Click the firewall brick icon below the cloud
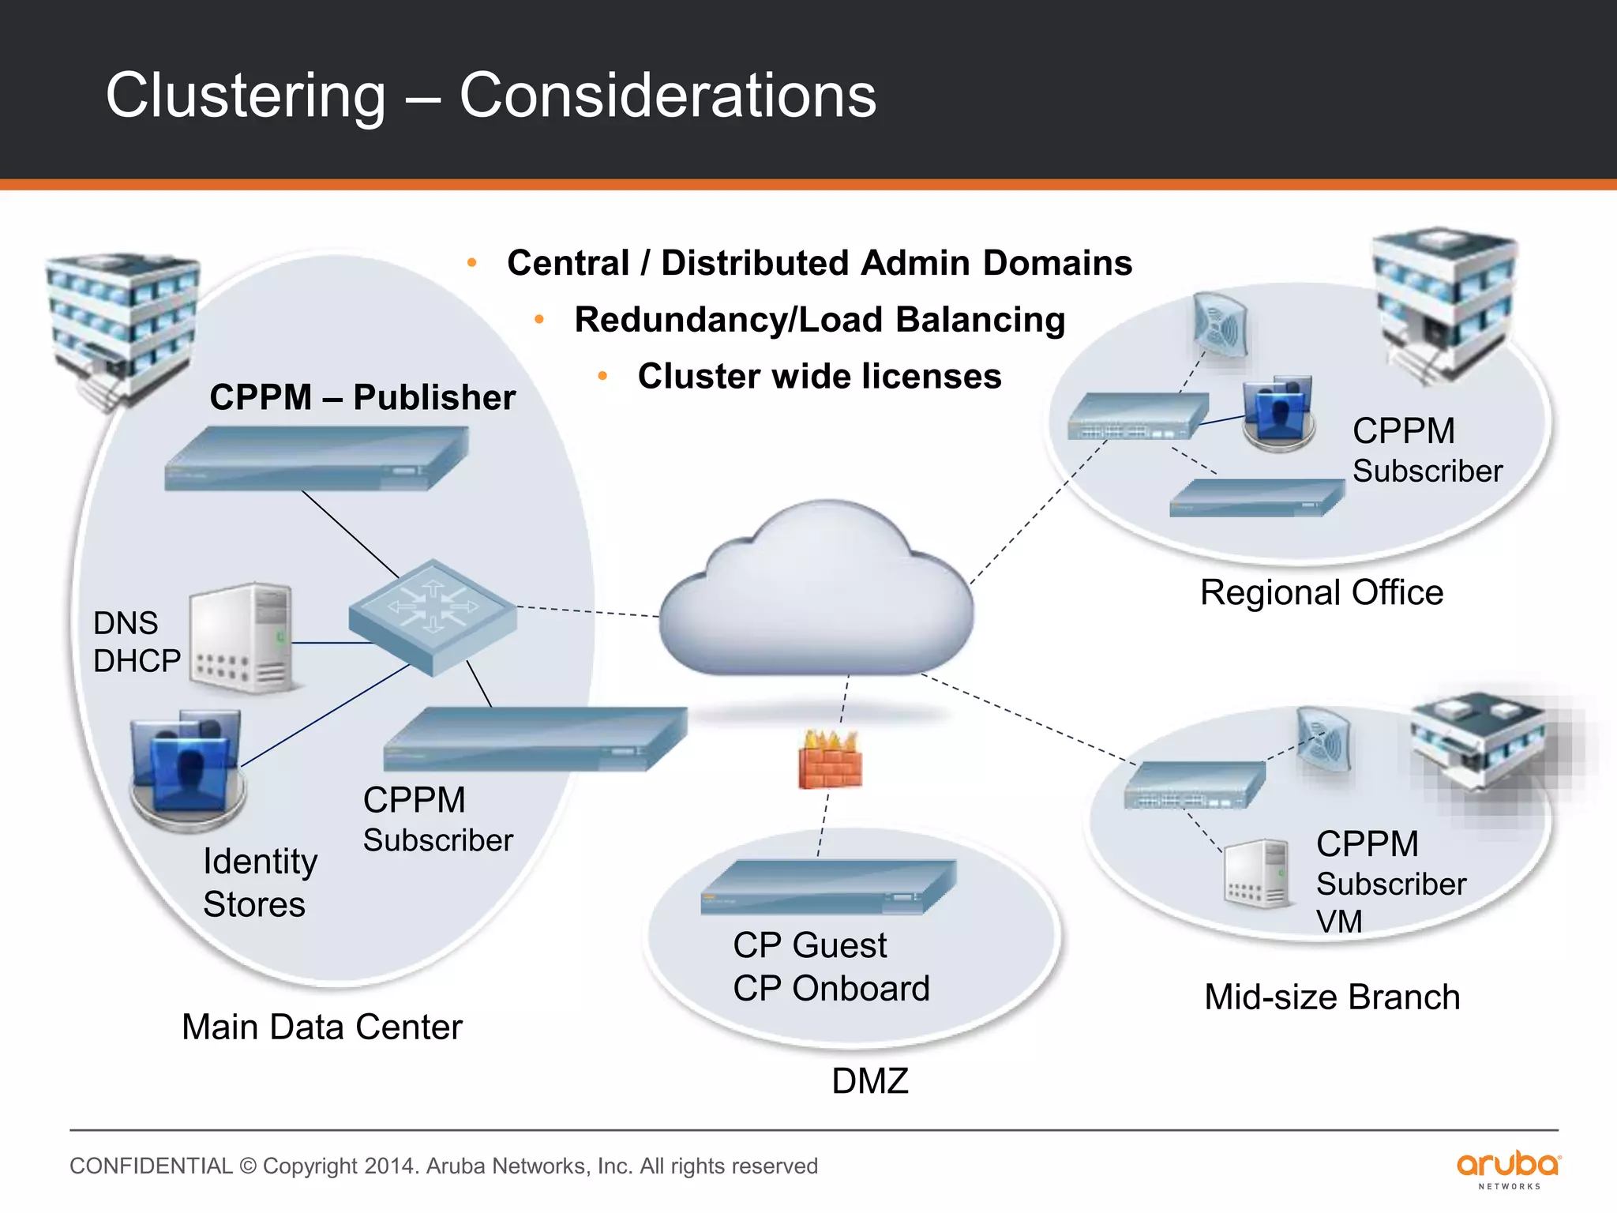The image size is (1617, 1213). click(x=829, y=760)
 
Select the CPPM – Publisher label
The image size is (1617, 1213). click(x=362, y=397)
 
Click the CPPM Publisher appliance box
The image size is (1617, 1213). click(x=316, y=459)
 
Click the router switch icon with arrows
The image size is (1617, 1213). click(x=433, y=617)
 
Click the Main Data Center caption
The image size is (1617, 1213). click(x=321, y=1027)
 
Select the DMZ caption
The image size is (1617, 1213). click(x=870, y=1080)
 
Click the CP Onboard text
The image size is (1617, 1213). click(x=831, y=989)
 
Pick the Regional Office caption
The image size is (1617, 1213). click(x=1321, y=592)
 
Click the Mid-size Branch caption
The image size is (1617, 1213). click(x=1331, y=997)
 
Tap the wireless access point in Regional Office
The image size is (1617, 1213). click(x=1220, y=325)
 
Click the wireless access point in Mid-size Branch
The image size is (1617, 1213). click(x=1324, y=739)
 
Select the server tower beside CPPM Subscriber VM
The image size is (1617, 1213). click(x=1257, y=873)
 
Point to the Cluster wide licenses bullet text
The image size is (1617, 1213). click(x=819, y=377)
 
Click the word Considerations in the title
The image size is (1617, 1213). click(x=667, y=96)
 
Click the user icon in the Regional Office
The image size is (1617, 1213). click(x=1277, y=413)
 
